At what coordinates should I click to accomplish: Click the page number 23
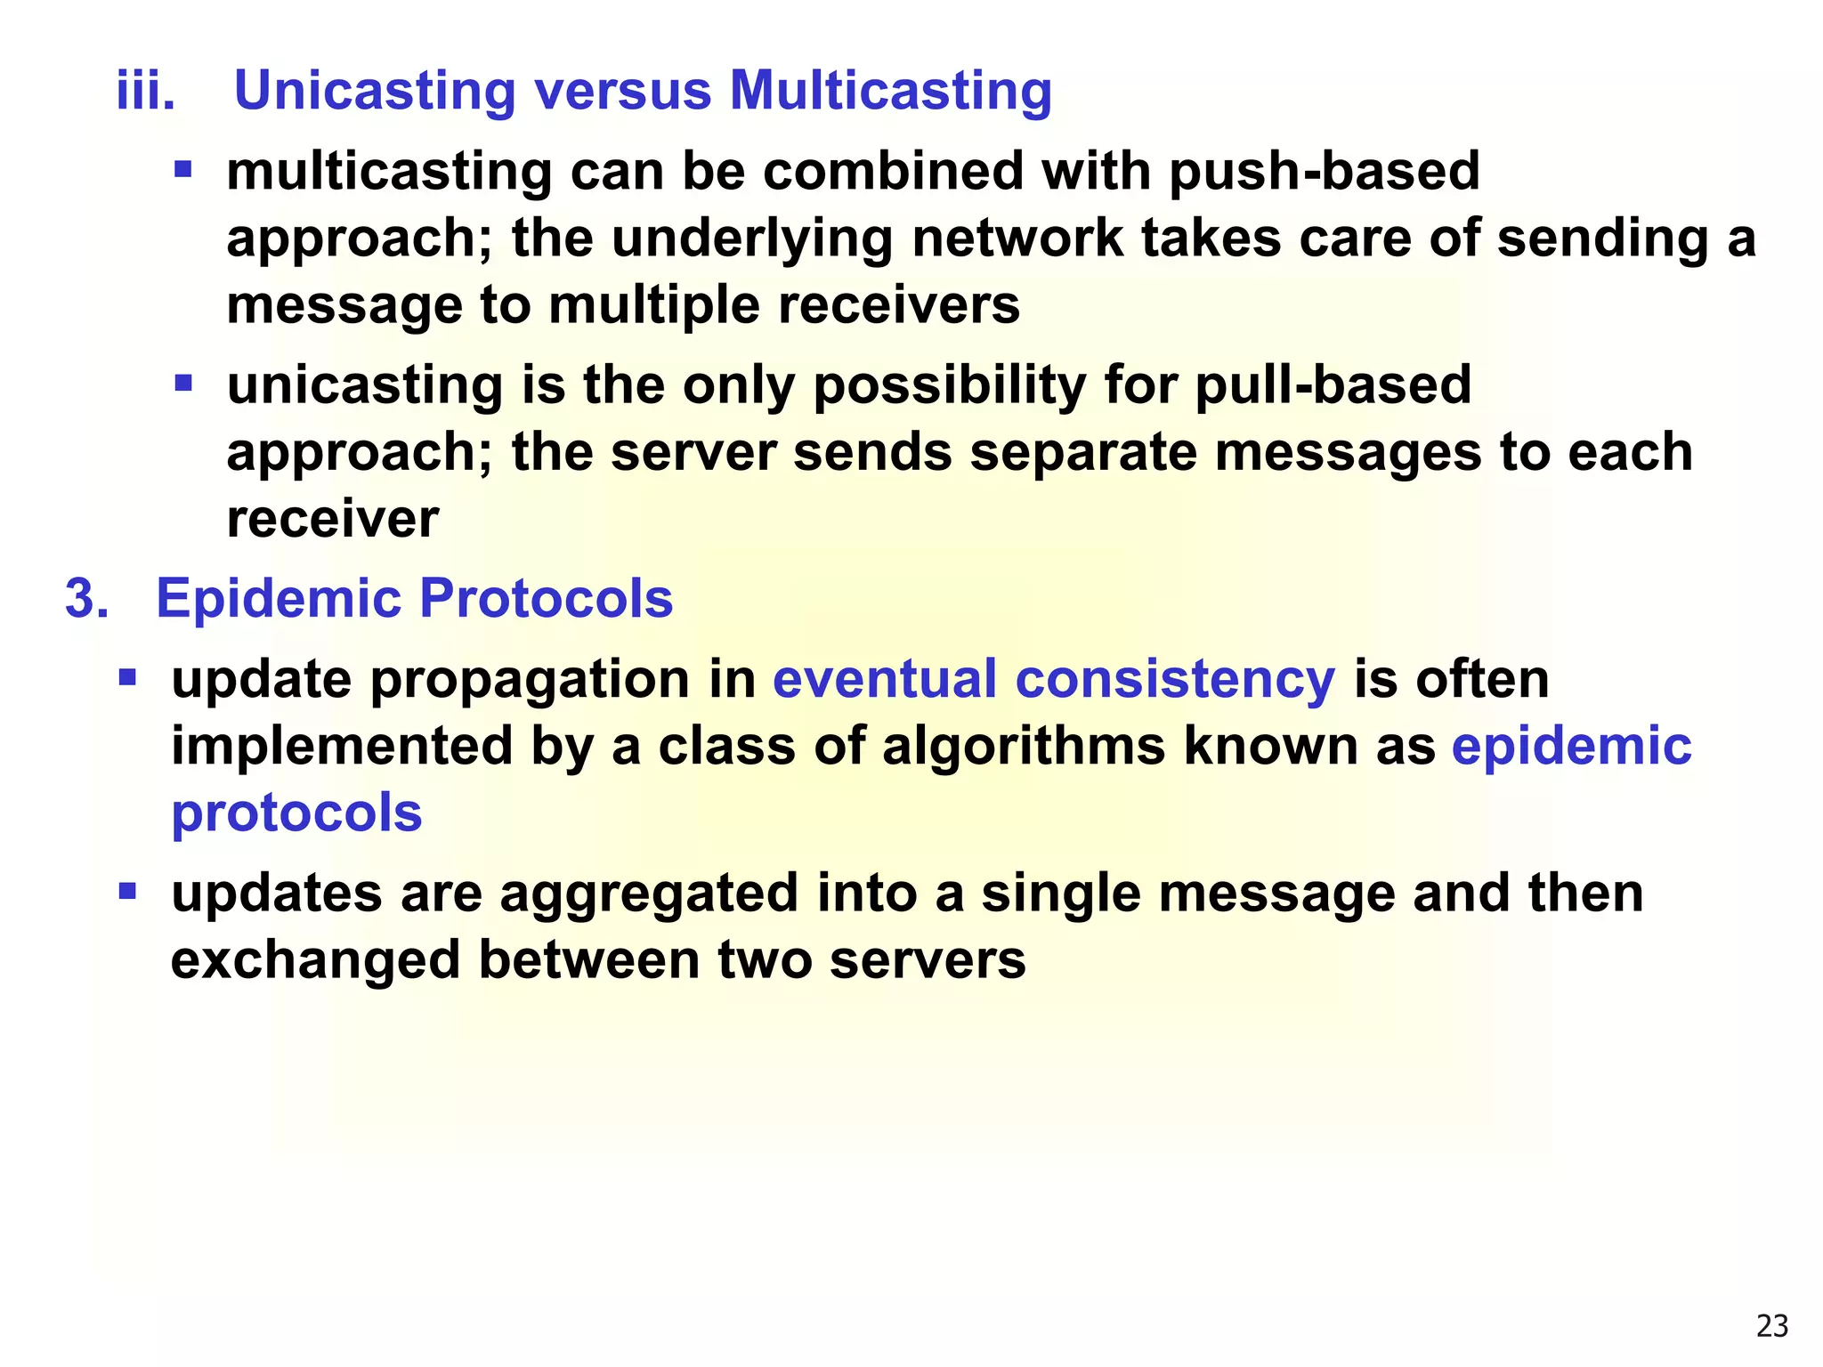(x=1772, y=1326)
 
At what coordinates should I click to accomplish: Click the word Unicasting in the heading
(x=374, y=91)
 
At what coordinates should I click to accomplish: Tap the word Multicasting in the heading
(x=890, y=91)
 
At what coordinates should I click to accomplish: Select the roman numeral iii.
(x=146, y=91)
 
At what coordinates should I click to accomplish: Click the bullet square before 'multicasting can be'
(x=183, y=168)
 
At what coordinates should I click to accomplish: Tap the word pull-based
(x=1333, y=384)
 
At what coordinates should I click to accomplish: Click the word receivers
(x=899, y=305)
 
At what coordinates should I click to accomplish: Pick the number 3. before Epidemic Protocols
(x=86, y=598)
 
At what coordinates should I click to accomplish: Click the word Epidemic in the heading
(x=279, y=598)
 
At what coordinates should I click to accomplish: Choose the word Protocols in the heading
(x=546, y=598)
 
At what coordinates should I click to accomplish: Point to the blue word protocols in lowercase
(x=296, y=813)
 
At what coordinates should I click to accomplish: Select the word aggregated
(x=649, y=894)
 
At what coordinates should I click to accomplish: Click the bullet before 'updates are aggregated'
(x=127, y=890)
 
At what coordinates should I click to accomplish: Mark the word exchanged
(x=315, y=960)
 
